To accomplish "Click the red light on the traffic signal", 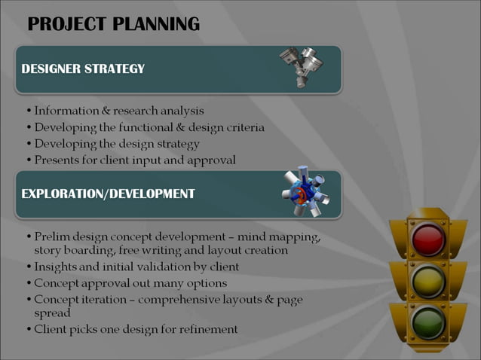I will pos(428,240).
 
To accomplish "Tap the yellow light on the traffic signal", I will pos(428,280).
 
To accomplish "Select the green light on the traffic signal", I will pos(428,321).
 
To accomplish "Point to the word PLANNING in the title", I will pos(156,25).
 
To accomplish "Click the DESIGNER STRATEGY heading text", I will pos(83,69).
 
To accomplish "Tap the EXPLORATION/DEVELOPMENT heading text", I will pos(108,194).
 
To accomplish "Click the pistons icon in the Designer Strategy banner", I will pos(299,67).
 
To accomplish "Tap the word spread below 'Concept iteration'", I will pos(52,313).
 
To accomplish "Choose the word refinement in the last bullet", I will pos(209,329).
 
